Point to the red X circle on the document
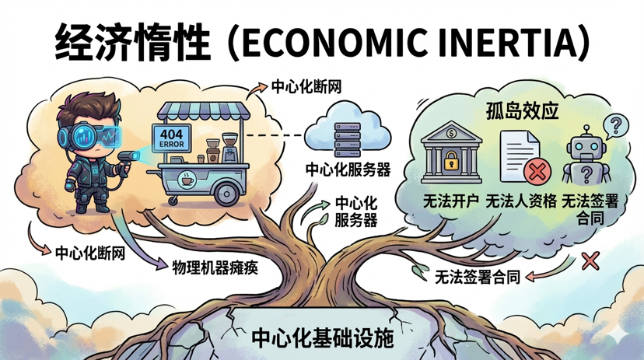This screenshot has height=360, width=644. tap(534, 170)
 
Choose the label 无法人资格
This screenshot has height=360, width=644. tap(522, 201)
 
